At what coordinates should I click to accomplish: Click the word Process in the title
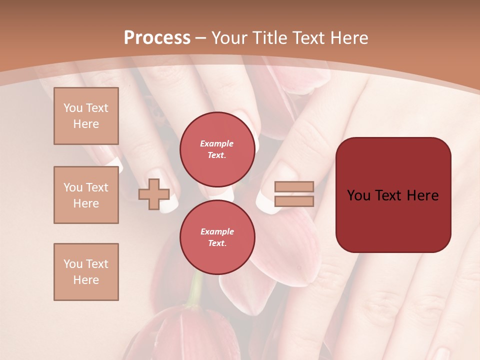157,37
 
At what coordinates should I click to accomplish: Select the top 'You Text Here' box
86,116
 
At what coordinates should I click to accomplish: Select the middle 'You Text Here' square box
86,195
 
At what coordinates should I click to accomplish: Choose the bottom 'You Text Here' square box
86,272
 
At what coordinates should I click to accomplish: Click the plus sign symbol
153,194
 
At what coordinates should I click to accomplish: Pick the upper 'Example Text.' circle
217,149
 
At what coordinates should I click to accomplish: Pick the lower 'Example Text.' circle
217,237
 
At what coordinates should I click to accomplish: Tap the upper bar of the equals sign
294,186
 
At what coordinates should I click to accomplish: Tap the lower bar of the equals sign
294,201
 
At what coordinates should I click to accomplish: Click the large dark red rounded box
393,220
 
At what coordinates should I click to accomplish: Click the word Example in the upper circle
217,143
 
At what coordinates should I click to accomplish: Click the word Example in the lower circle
217,231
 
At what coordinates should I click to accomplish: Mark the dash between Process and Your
201,38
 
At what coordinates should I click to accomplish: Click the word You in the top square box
72,108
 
